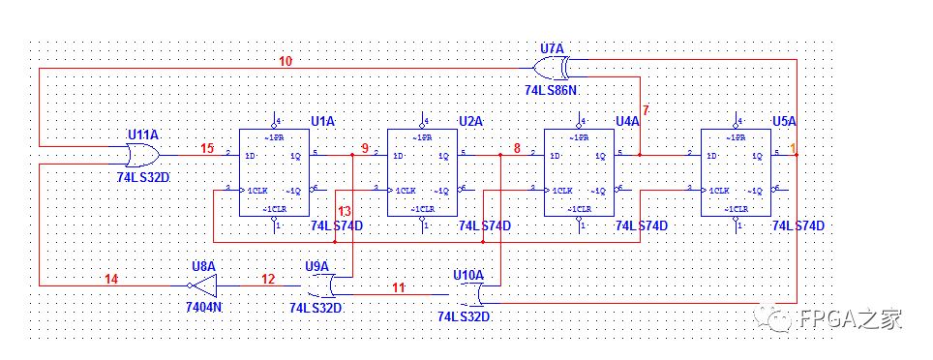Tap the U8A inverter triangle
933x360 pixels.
(x=202, y=285)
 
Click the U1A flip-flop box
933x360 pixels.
(x=273, y=172)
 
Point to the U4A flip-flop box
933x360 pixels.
(x=579, y=172)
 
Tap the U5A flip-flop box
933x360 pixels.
(x=736, y=172)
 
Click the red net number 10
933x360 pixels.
(x=286, y=62)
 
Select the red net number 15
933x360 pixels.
(x=207, y=148)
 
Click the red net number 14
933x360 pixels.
(x=111, y=279)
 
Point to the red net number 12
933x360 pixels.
(x=268, y=279)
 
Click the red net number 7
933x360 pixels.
(x=646, y=110)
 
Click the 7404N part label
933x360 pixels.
(x=204, y=307)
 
